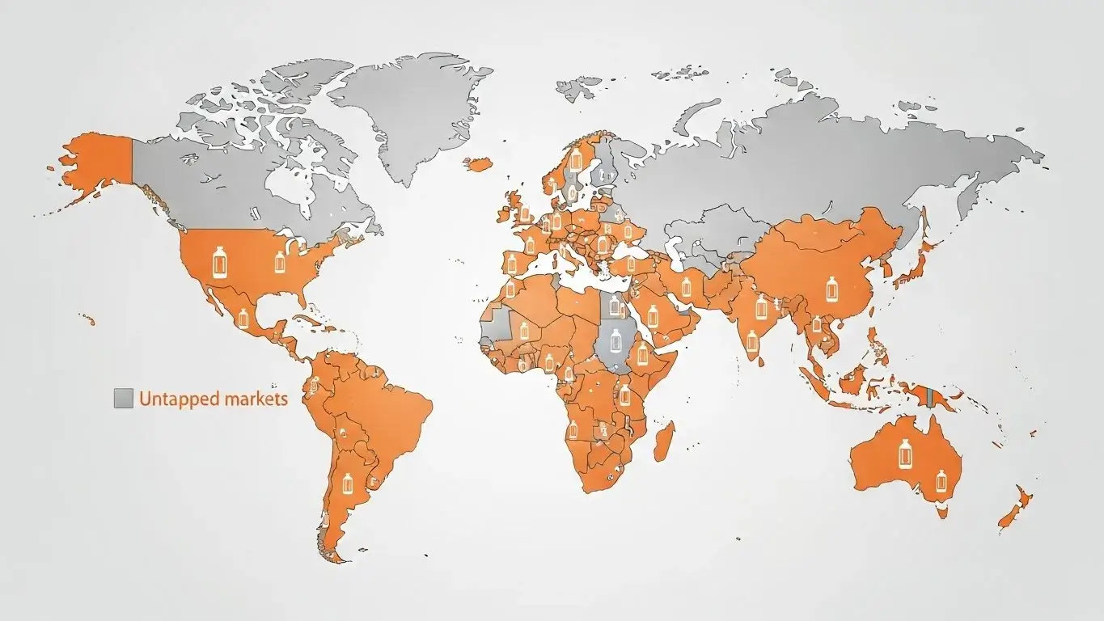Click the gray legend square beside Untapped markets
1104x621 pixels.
coord(124,398)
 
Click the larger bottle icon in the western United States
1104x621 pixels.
coord(218,263)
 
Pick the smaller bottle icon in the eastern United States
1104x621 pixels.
coord(280,261)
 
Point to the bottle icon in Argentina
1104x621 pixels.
coord(349,484)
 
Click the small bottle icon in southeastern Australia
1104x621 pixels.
coord(941,480)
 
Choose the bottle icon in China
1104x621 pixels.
coord(831,287)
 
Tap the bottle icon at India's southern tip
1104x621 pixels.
coord(753,340)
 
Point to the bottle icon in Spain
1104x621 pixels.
coord(510,262)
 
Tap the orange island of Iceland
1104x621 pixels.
coord(478,164)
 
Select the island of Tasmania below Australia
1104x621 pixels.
coord(943,511)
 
